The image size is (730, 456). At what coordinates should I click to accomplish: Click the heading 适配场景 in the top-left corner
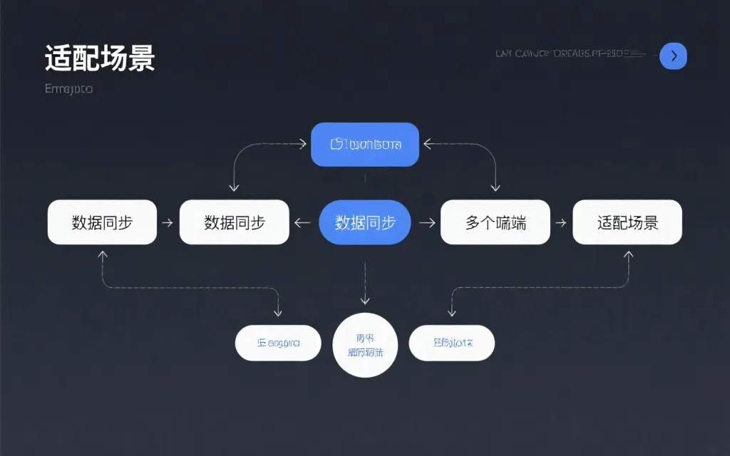(x=99, y=58)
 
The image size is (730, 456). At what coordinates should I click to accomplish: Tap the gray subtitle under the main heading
(x=68, y=89)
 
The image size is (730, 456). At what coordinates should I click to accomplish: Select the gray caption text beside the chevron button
(x=570, y=54)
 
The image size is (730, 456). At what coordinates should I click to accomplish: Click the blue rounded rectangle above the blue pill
(x=365, y=145)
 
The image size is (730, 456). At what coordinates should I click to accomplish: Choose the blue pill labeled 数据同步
(x=365, y=222)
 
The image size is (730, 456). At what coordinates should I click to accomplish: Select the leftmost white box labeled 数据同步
(x=102, y=222)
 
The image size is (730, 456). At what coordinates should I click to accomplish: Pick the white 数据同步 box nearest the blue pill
(x=235, y=222)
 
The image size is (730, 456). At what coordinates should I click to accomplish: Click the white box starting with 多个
(x=495, y=222)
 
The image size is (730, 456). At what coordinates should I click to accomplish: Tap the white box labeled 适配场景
(x=627, y=222)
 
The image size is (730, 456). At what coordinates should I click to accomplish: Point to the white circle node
(x=365, y=345)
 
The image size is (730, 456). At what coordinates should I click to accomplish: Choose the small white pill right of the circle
(x=451, y=343)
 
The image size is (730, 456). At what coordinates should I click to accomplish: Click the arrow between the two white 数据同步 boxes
(x=168, y=223)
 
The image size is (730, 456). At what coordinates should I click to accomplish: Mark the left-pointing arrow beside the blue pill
(x=303, y=223)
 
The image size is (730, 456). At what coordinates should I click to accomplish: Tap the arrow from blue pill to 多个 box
(x=427, y=223)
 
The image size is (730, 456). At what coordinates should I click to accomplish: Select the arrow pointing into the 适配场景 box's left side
(x=561, y=223)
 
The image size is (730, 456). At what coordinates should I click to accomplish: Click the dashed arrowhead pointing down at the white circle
(x=365, y=300)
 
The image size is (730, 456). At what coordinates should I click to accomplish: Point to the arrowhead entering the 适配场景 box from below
(x=628, y=254)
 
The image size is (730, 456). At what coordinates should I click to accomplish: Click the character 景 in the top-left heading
(x=142, y=58)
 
